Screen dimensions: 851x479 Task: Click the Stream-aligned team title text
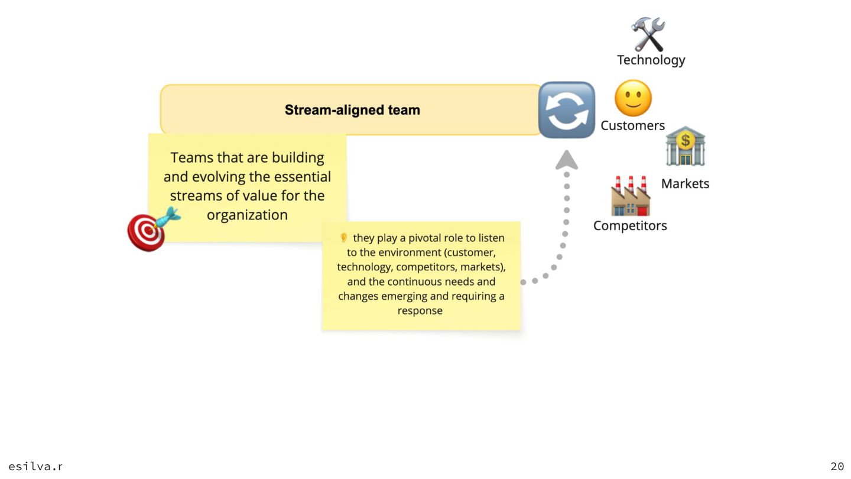(352, 110)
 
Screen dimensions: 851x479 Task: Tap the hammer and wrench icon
(648, 34)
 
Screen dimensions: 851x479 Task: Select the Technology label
(651, 60)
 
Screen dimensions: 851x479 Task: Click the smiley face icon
(633, 98)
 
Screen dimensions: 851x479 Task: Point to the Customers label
(632, 125)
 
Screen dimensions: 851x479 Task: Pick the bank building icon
(685, 146)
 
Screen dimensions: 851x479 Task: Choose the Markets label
(685, 183)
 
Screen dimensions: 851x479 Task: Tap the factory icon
(631, 196)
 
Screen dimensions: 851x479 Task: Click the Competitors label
(630, 225)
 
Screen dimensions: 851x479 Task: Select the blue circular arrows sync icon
(566, 110)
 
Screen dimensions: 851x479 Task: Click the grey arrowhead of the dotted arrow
(567, 160)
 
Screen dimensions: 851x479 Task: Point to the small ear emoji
(343, 238)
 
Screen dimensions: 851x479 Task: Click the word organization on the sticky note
(247, 215)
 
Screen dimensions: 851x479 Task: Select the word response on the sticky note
(420, 310)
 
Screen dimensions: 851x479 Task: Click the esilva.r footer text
(35, 467)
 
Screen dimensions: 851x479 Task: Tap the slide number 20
(837, 467)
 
